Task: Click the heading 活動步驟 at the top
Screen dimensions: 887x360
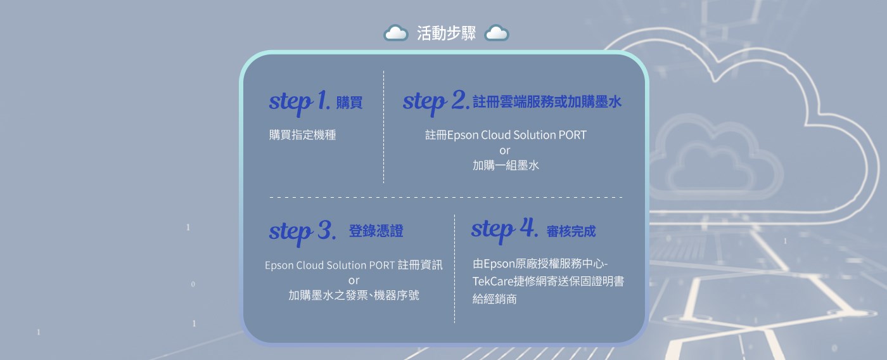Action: [x=446, y=33]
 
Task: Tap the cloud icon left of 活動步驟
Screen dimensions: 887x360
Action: [x=395, y=33]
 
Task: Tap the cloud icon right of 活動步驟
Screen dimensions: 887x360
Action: [x=497, y=33]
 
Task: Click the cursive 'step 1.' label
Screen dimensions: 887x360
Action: [x=299, y=102]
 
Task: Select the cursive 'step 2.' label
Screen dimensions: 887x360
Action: [x=436, y=102]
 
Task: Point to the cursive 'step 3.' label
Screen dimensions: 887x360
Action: [x=303, y=233]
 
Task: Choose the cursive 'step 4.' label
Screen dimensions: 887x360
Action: [x=504, y=229]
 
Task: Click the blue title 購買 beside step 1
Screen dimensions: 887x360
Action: [x=349, y=103]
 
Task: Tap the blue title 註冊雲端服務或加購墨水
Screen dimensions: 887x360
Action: [x=547, y=102]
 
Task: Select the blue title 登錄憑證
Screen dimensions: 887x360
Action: [x=376, y=231]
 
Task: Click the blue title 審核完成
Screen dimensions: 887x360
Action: [x=571, y=231]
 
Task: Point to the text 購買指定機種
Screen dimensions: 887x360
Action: [x=303, y=135]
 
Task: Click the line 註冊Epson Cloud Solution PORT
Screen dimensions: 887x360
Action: [x=506, y=135]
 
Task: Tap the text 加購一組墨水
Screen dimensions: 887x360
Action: [x=506, y=165]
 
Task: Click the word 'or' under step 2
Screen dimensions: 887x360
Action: [x=504, y=151]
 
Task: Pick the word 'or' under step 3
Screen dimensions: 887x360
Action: [x=354, y=281]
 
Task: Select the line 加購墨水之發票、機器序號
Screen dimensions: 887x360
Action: [x=354, y=295]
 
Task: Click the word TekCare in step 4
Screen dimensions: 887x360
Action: [x=493, y=281]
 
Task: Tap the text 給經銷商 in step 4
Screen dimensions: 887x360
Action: [x=495, y=299]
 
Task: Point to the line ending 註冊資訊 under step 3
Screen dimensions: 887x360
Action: [x=354, y=265]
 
